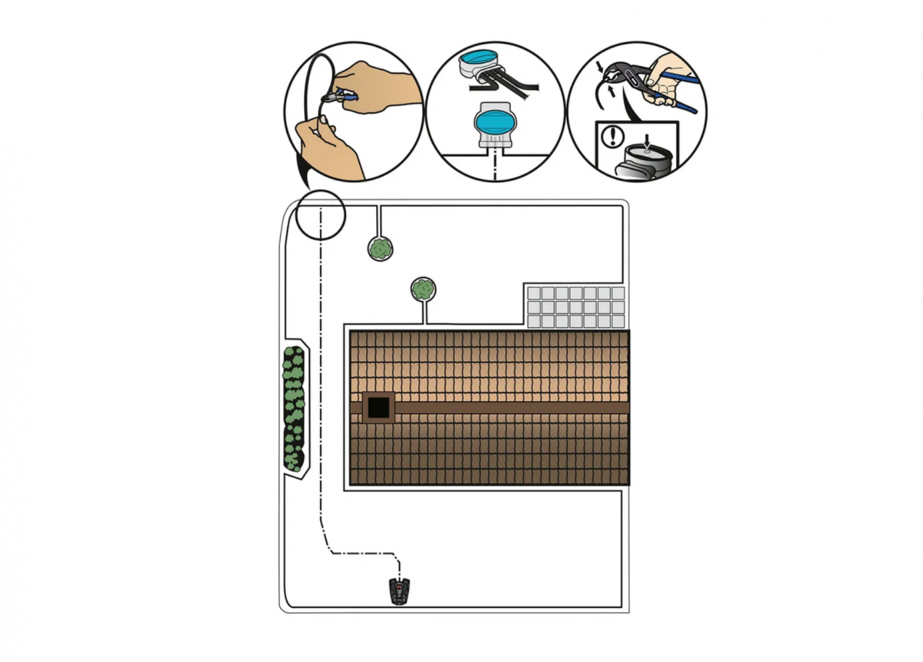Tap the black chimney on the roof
point(378,407)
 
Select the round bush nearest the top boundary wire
point(380,249)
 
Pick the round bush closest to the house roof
point(423,289)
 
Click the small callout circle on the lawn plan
point(320,214)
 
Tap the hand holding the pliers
point(671,77)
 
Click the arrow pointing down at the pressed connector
point(648,140)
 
